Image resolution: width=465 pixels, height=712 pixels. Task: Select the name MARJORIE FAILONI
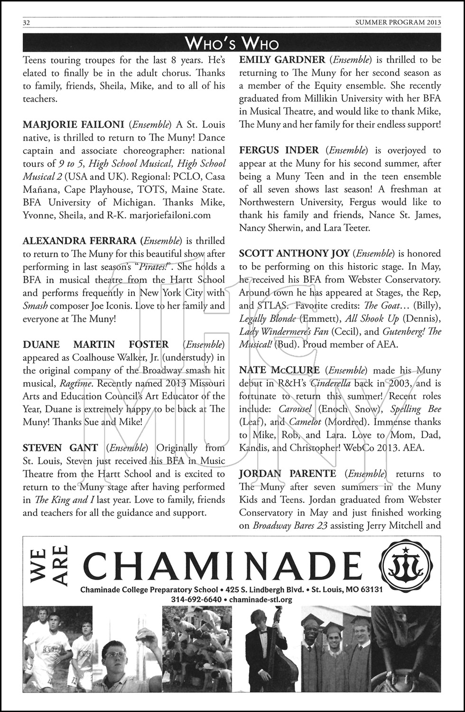tap(74, 125)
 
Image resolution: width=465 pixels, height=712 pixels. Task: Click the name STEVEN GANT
tap(60, 448)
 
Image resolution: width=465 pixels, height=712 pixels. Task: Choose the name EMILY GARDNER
tap(282, 60)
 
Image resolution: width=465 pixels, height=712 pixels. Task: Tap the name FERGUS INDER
tap(279, 150)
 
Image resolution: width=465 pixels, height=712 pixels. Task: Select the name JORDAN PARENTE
tap(288, 474)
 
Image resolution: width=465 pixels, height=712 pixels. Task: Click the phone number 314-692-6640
tap(196, 600)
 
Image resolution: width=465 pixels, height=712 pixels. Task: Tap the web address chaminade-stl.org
tap(260, 600)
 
